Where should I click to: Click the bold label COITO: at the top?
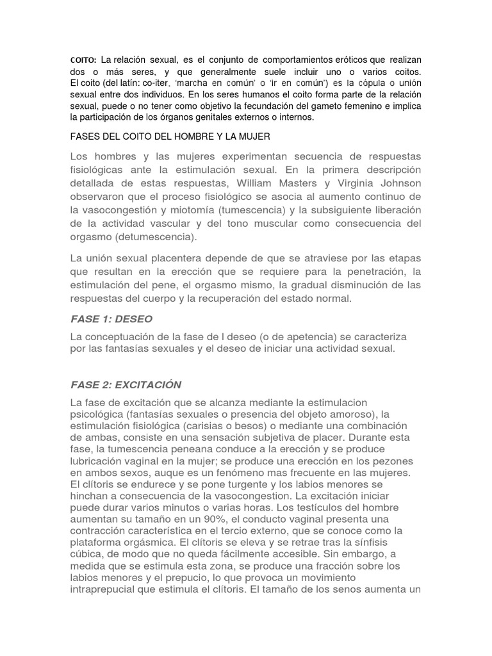click(83, 60)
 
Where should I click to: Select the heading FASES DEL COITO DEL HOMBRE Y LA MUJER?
click(170, 136)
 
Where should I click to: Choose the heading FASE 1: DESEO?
click(111, 319)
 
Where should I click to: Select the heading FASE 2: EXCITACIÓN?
click(126, 385)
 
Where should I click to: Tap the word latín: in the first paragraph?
click(130, 84)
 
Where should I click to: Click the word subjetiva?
click(270, 438)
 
